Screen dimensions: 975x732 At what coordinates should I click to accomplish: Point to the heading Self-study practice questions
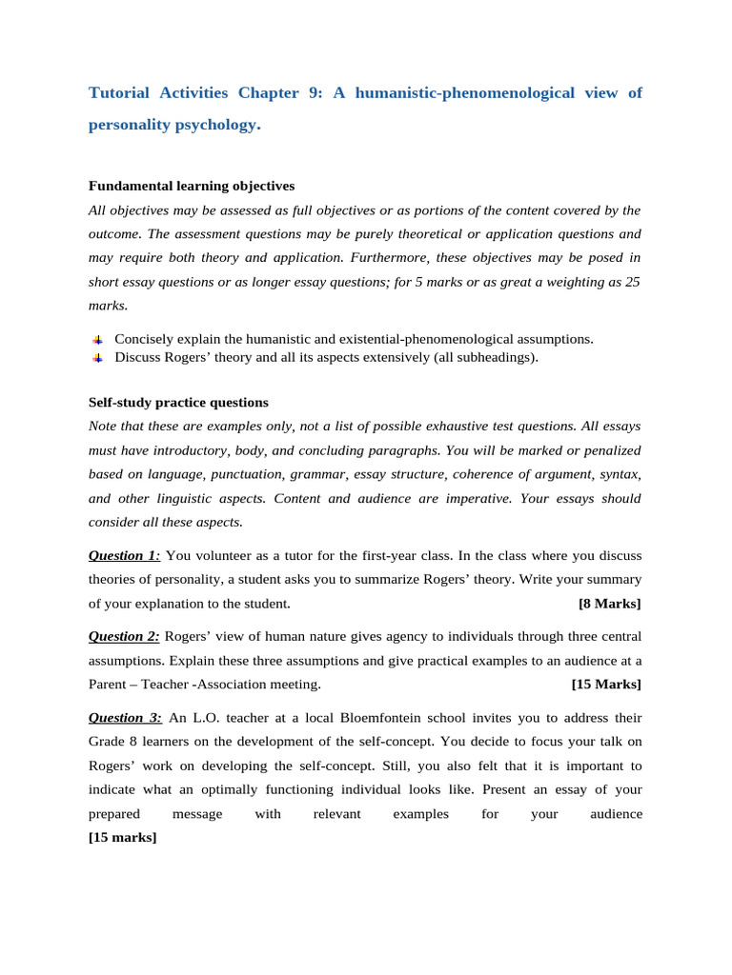coord(178,403)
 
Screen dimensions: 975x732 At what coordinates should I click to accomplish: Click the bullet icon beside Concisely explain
coord(97,340)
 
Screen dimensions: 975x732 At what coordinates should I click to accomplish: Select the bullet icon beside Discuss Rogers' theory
coord(97,358)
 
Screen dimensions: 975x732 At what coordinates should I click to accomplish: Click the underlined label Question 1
coord(124,555)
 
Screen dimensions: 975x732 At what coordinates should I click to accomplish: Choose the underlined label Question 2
coord(124,636)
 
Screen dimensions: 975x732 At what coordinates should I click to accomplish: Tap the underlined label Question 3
coord(125,717)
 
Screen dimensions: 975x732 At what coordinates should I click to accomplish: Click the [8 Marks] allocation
coord(610,604)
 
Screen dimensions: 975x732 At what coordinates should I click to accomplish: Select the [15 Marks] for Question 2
coord(606,685)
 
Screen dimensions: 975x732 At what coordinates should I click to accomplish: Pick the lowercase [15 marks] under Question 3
coord(123,838)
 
